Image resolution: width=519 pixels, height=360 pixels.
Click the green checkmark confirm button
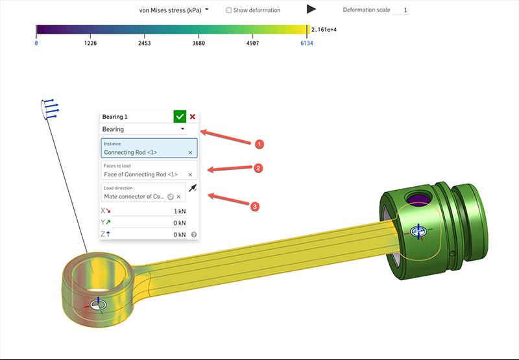point(180,117)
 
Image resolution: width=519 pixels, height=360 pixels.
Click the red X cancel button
point(193,117)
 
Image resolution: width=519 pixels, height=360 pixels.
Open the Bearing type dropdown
point(149,129)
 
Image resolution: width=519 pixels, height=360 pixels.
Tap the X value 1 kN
point(179,211)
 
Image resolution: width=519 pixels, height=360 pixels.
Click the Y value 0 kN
point(179,223)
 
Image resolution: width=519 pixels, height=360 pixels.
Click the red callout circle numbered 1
point(259,143)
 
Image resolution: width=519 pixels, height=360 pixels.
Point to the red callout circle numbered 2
point(258,168)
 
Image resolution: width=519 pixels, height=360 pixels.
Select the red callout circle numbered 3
point(255,206)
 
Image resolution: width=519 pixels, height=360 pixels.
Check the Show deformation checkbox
point(229,10)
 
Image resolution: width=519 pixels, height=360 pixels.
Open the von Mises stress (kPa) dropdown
point(174,10)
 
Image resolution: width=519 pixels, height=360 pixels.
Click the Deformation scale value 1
point(402,10)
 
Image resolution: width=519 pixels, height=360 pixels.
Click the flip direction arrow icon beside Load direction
point(193,189)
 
